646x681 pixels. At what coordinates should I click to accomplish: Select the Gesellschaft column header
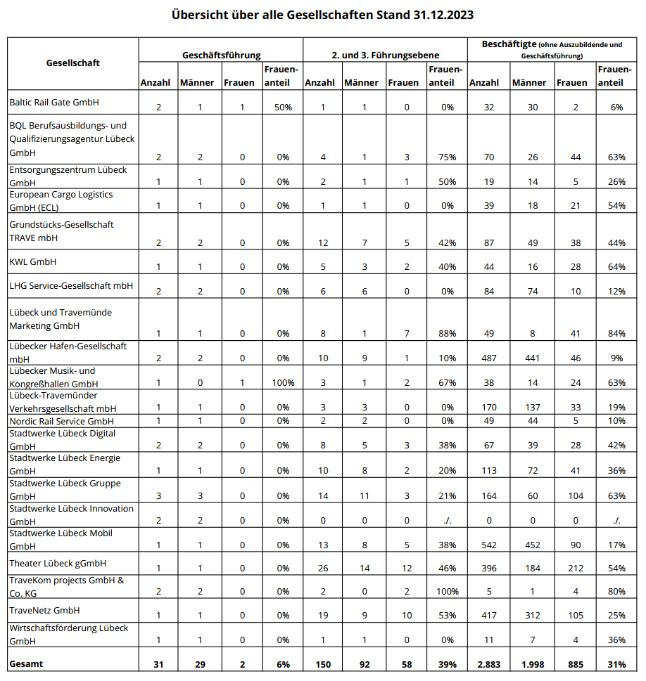click(x=72, y=63)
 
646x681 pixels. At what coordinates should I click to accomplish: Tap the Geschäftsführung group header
click(x=221, y=54)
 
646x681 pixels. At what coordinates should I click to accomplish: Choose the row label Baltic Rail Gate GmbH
click(x=55, y=102)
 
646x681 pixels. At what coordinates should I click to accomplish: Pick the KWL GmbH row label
click(x=32, y=261)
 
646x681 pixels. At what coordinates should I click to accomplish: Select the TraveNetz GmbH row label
click(x=44, y=610)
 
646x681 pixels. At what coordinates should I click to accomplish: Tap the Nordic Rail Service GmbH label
click(x=61, y=420)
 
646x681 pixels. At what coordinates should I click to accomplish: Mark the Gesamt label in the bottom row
click(x=26, y=663)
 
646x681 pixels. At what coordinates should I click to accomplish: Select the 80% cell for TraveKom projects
click(x=617, y=591)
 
